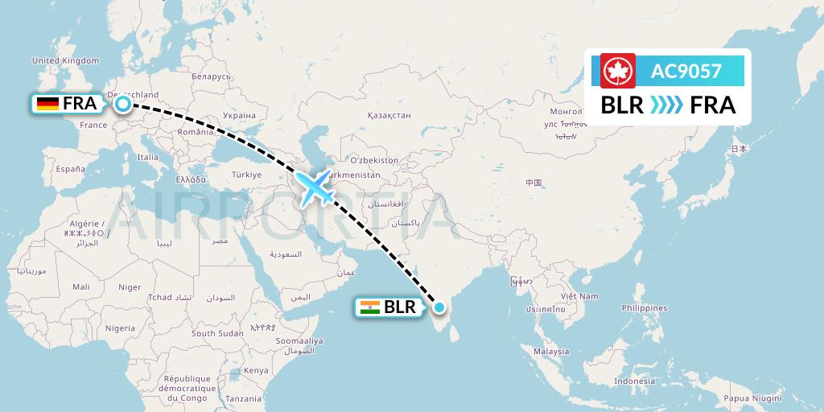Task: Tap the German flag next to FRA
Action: [47, 103]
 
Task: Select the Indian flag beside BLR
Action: [369, 307]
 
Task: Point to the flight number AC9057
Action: [686, 72]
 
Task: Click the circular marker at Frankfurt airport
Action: [123, 103]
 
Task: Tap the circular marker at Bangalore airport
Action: [439, 307]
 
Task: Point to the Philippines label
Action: [645, 308]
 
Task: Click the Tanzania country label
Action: [244, 398]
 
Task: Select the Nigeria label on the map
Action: [120, 328]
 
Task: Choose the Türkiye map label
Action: [247, 175]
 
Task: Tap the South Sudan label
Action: [217, 333]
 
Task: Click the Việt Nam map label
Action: [581, 296]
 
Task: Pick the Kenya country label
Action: [257, 370]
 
